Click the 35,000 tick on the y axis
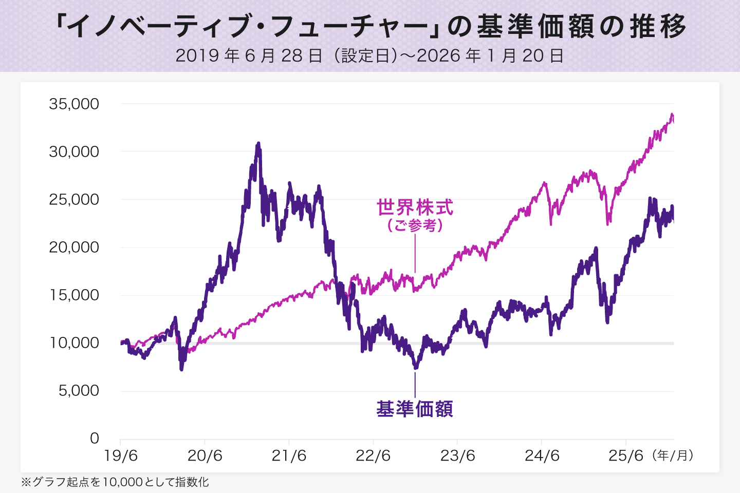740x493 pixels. click(x=74, y=104)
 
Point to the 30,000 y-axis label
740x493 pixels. click(x=74, y=152)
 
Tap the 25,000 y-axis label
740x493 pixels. click(x=74, y=200)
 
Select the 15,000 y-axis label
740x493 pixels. click(x=74, y=295)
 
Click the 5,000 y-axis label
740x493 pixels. click(x=78, y=391)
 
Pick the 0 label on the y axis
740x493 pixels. click(x=95, y=439)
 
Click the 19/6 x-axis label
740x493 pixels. click(x=121, y=456)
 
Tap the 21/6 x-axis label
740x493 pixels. click(x=289, y=456)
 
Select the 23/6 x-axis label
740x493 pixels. click(x=457, y=456)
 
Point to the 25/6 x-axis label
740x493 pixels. click(x=626, y=456)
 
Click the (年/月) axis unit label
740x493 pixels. click(x=673, y=456)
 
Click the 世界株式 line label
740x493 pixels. click(x=415, y=208)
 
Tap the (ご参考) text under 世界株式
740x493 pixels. click(x=415, y=225)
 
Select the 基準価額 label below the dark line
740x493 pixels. click(x=415, y=409)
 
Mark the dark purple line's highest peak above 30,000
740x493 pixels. click(x=258, y=144)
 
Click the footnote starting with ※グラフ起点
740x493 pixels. click(x=115, y=482)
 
